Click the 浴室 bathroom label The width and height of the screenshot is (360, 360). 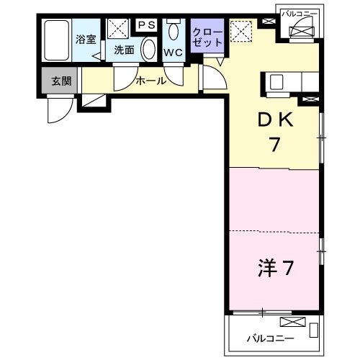86,39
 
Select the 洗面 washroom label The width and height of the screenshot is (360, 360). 124,50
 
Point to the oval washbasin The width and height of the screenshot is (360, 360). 148,49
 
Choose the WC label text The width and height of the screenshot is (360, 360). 173,53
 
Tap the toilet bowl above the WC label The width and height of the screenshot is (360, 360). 174,32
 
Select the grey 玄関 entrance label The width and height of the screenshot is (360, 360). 60,81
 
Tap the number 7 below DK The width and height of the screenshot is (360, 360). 274,145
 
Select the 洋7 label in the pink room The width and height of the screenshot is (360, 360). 275,269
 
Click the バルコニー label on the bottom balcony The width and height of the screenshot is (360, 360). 270,337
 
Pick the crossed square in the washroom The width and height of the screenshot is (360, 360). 117,28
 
